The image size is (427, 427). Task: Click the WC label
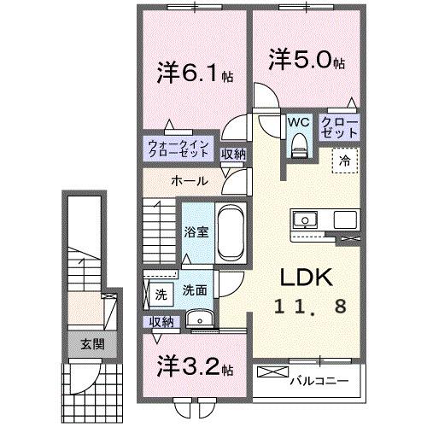pyautogui.click(x=298, y=122)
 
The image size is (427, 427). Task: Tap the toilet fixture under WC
pyautogui.click(x=297, y=147)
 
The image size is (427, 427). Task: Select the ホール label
pyautogui.click(x=185, y=181)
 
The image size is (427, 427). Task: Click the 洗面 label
pyautogui.click(x=195, y=290)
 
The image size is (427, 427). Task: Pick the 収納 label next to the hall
pyautogui.click(x=234, y=155)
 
